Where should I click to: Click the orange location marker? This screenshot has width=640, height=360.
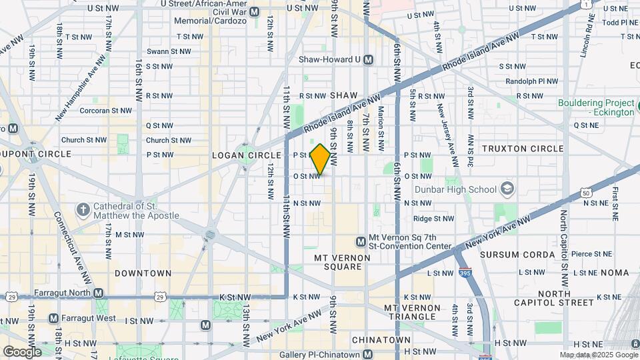[x=320, y=160]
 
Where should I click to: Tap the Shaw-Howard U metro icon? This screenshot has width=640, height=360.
[x=368, y=60]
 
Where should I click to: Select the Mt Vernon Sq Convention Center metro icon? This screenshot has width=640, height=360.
[x=361, y=241]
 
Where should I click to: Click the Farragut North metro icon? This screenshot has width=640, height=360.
[x=99, y=293]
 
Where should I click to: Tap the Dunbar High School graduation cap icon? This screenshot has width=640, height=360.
[x=508, y=189]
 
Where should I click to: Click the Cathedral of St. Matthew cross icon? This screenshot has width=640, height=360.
[x=83, y=211]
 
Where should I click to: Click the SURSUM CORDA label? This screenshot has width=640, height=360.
[x=526, y=255]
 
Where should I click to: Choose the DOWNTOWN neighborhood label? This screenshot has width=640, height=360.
[x=143, y=273]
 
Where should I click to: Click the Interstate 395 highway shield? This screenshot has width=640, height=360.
[x=465, y=273]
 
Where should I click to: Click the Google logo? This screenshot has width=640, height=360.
[x=21, y=352]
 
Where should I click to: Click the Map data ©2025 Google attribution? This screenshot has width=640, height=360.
[x=598, y=355]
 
